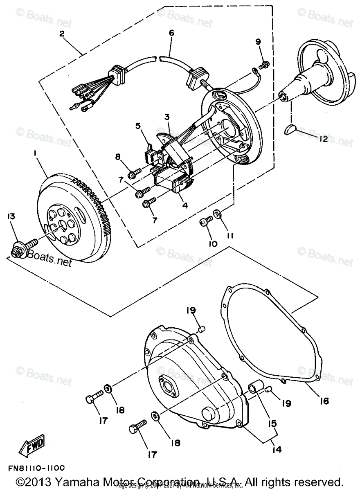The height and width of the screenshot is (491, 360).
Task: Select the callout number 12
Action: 323,139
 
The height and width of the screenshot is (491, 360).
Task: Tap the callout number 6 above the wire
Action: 171,33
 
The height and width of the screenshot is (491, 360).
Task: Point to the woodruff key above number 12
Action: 292,130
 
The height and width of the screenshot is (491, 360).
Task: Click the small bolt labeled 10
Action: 205,221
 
